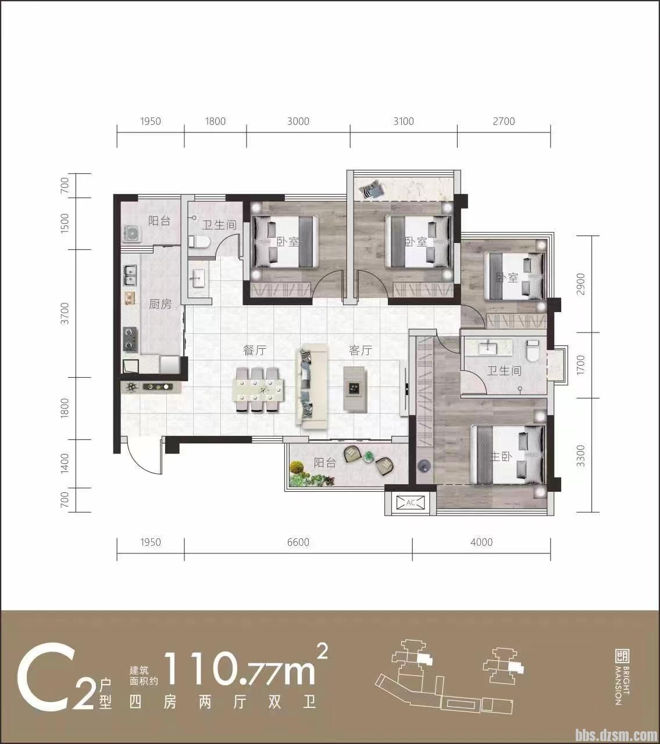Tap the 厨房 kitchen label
click(160, 304)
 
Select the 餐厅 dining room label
click(255, 350)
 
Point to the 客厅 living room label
click(361, 350)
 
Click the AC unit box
click(411, 502)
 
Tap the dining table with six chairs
click(258, 389)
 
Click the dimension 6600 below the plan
click(298, 542)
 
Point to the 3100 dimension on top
click(404, 121)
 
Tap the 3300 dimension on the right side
click(580, 456)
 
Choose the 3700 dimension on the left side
click(65, 313)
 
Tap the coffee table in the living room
click(355, 389)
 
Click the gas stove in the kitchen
click(130, 339)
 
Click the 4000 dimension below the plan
click(481, 542)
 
